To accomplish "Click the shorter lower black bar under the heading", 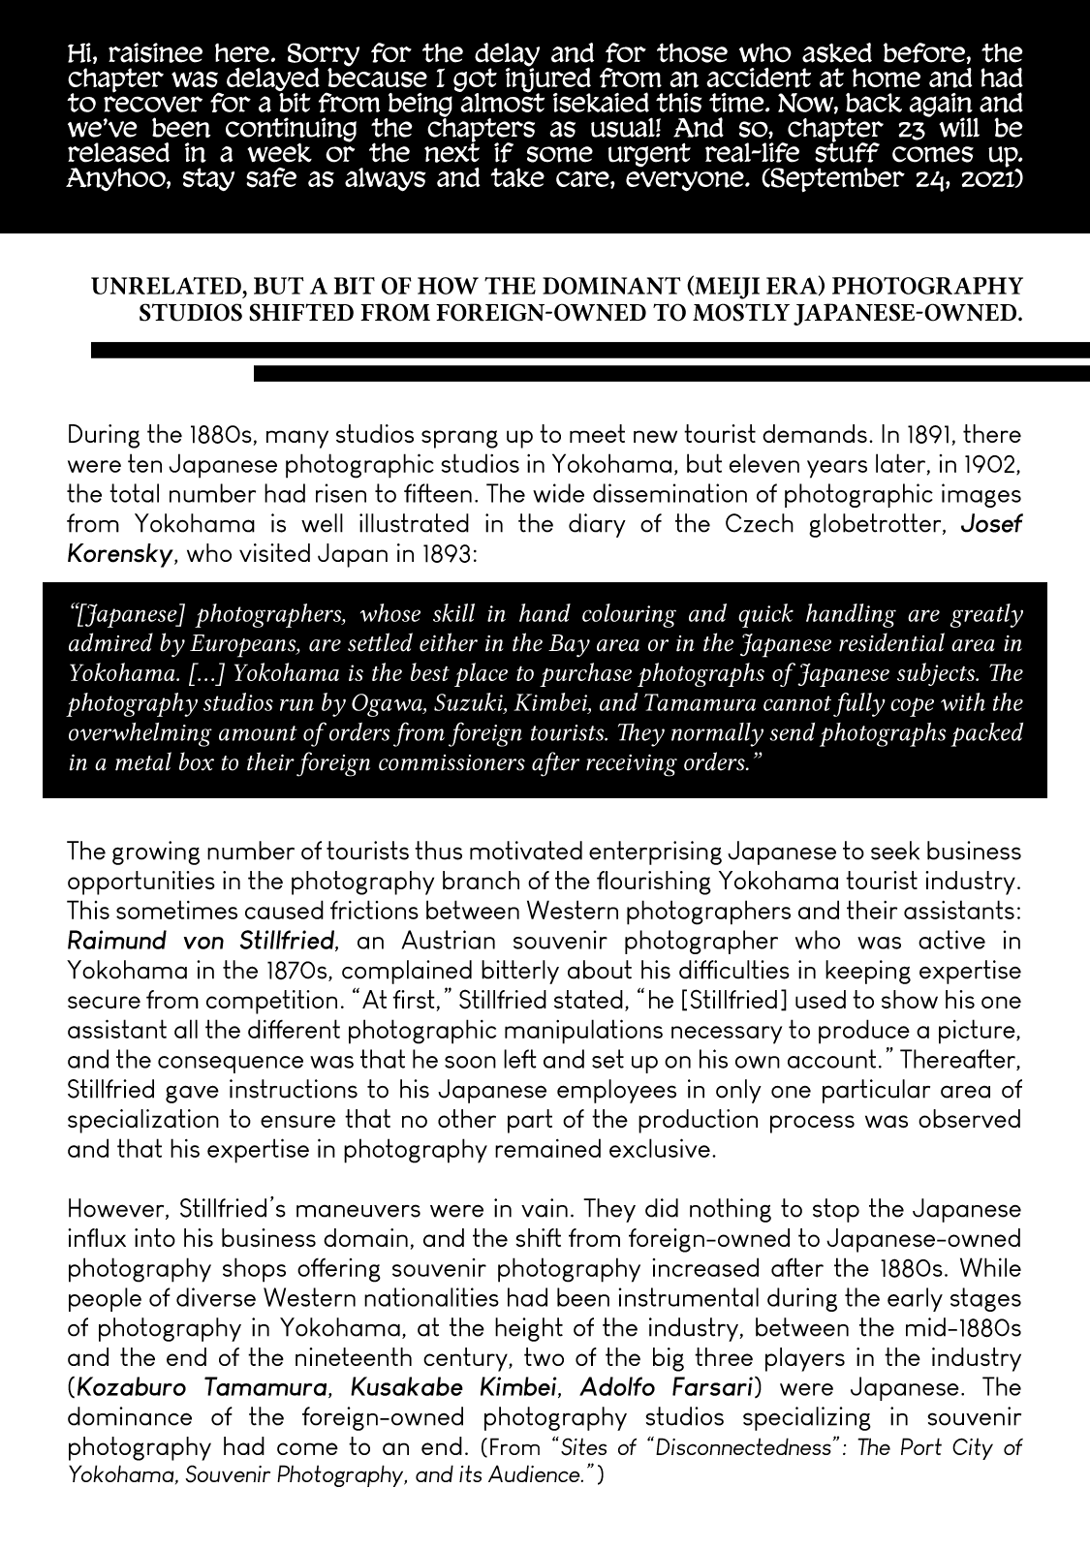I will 671,373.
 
